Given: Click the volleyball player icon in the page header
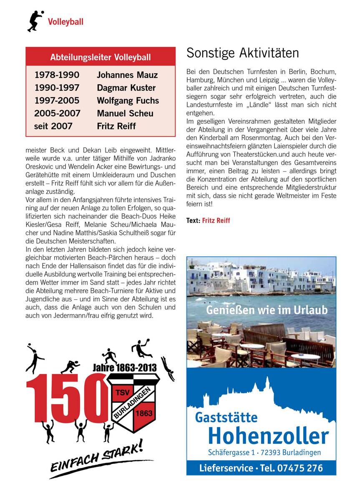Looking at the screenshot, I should click(35, 21).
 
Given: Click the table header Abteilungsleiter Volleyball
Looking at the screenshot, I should click(100, 57).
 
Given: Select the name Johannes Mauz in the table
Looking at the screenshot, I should click(127, 76).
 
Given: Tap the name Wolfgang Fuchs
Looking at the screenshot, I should click(128, 101).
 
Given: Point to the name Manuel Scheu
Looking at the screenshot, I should click(125, 113).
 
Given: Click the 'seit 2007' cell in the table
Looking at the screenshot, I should click(53, 126).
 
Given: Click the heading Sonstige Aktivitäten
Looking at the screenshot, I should click(242, 53).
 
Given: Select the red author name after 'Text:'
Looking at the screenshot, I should click(216, 220).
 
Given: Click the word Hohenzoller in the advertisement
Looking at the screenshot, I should click(268, 436).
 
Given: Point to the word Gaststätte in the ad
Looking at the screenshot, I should click(226, 417).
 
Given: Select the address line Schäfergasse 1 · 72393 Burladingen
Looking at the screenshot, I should click(264, 453).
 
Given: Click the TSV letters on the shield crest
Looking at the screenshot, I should click(122, 393).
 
